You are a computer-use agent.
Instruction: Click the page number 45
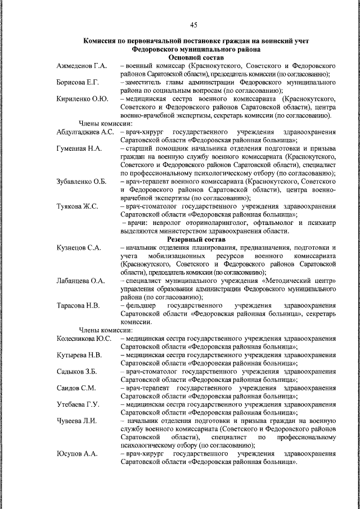pyautogui.click(x=193, y=24)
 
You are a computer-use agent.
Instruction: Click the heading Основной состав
pyautogui.click(x=196, y=58)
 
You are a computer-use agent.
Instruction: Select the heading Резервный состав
pyautogui.click(x=196, y=240)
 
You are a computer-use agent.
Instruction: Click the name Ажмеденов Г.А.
pyautogui.click(x=82, y=66)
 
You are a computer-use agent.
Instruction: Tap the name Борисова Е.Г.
pyautogui.click(x=78, y=82)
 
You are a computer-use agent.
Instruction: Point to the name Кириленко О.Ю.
pyautogui.click(x=82, y=99)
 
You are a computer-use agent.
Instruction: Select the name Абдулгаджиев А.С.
pyautogui.click(x=85, y=131)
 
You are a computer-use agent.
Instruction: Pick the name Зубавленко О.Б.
pyautogui.click(x=82, y=181)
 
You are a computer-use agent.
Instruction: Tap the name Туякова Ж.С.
pyautogui.click(x=78, y=206)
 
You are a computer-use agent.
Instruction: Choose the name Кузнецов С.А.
pyautogui.click(x=79, y=248)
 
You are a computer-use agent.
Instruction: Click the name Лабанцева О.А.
pyautogui.click(x=81, y=280)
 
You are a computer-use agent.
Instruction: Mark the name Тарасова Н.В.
pyautogui.click(x=78, y=305)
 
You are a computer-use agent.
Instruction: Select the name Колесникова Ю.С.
pyautogui.click(x=84, y=339)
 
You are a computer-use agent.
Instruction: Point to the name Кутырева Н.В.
pyautogui.click(x=79, y=355)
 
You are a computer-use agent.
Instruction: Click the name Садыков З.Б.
pyautogui.click(x=77, y=371)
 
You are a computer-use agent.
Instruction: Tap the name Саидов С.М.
pyautogui.click(x=76, y=388)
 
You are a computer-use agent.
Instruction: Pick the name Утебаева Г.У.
pyautogui.click(x=78, y=404)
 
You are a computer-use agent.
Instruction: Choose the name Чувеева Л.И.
pyautogui.click(x=77, y=421)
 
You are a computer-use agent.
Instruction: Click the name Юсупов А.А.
pyautogui.click(x=76, y=453)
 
